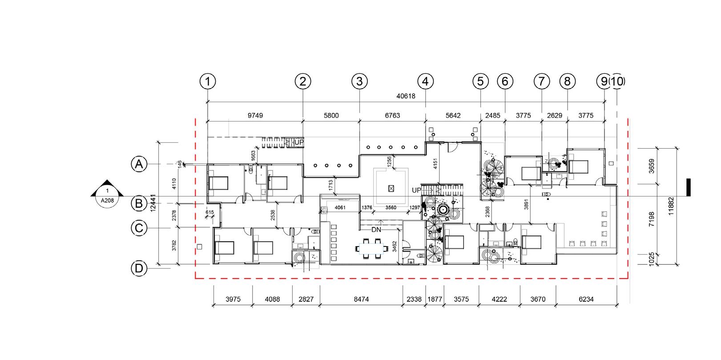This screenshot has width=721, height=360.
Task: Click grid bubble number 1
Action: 208,81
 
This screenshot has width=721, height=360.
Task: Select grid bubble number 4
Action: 426,81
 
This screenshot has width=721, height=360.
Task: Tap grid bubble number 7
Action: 541,81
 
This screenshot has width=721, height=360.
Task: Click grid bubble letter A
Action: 139,164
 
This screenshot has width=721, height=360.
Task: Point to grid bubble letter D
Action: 139,268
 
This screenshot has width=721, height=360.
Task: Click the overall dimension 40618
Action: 406,96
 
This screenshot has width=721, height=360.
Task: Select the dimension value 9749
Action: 255,115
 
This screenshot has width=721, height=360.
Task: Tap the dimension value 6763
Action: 392,115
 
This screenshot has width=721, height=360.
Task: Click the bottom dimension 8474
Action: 361,299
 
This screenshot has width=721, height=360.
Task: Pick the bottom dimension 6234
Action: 586,299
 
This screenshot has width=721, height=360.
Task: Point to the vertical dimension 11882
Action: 671,206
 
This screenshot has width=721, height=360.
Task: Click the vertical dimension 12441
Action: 153,203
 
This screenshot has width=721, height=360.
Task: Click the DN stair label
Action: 376,230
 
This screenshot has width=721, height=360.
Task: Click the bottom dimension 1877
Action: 435,299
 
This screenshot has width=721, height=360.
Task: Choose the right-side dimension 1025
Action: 652,259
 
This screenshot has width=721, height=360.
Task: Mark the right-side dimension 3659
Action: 652,166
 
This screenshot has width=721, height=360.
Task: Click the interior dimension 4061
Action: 340,208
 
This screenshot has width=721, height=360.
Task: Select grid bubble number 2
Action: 303,81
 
